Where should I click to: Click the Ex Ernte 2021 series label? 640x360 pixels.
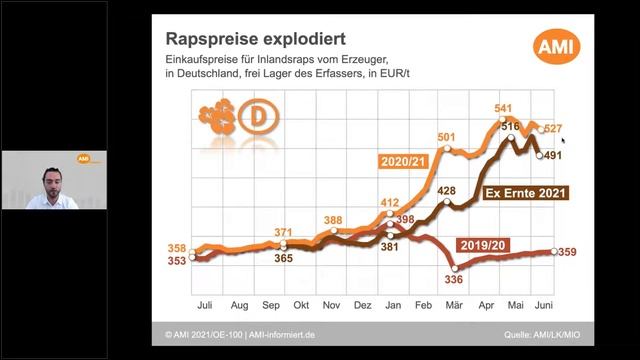click(525, 190)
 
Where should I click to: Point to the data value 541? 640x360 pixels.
click(503, 108)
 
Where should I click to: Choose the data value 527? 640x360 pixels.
click(556, 129)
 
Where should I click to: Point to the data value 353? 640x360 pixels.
click(177, 262)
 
